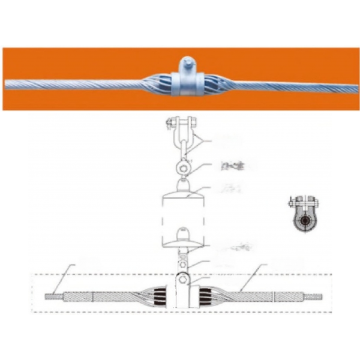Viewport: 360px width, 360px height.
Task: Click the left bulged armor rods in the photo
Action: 157,84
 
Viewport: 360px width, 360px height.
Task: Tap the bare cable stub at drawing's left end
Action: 53,295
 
